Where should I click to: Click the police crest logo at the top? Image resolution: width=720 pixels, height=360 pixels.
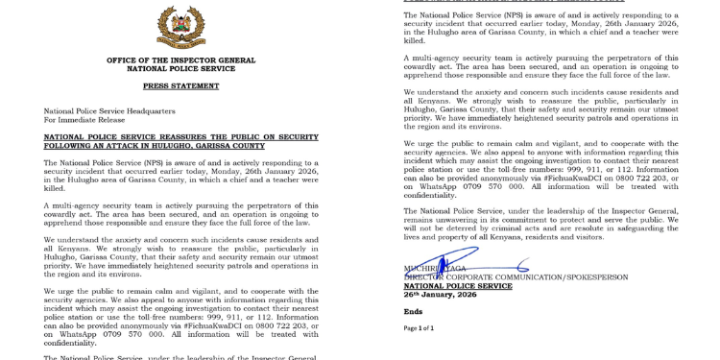click(x=180, y=26)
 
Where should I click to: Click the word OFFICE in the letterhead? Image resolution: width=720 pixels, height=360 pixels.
click(x=126, y=60)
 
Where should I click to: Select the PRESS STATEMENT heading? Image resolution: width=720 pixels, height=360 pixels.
click(x=180, y=84)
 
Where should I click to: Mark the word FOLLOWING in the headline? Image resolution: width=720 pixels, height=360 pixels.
click(x=64, y=146)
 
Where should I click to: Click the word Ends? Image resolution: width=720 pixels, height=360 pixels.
click(x=413, y=312)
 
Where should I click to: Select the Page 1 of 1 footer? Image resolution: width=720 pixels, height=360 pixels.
click(x=420, y=328)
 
